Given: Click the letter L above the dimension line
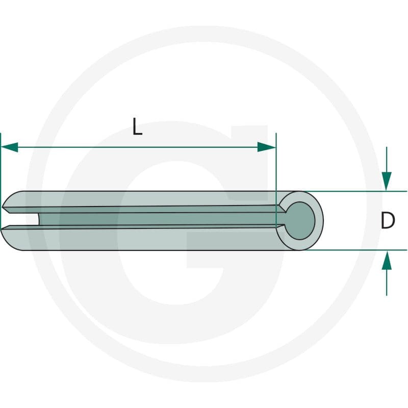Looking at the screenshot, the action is tap(137, 126).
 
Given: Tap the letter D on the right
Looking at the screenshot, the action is tap(388, 220).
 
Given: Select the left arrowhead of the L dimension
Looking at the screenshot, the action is tap(9, 147).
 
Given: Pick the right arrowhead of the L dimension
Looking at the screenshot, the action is tap(266, 147).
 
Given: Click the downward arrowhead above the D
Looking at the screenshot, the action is tap(387, 181).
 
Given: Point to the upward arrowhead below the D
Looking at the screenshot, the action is tap(387, 260).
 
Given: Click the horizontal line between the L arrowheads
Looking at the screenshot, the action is tap(138, 147).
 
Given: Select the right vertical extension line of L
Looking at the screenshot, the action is tap(276, 180).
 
